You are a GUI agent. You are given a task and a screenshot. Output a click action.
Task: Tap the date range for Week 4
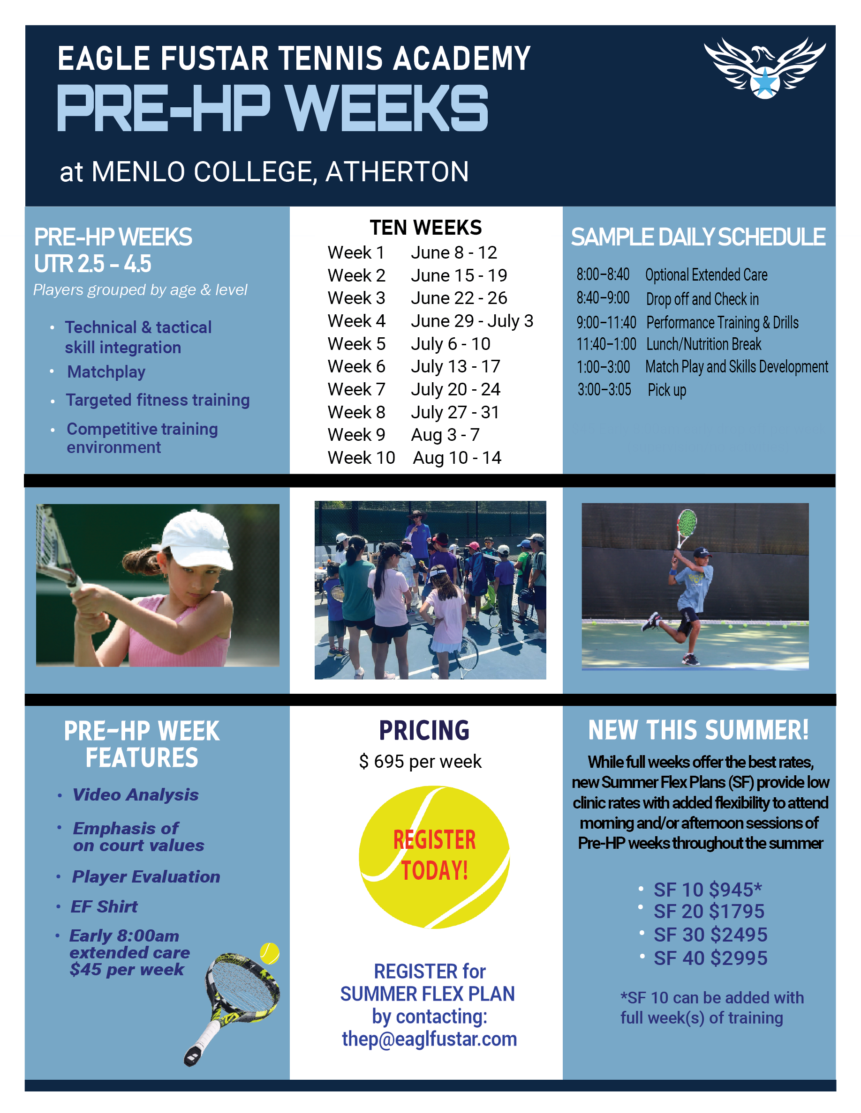pos(472,321)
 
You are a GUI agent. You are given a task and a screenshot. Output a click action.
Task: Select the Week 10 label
pos(361,458)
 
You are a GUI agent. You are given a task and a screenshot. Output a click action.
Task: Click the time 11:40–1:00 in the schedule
pos(606,344)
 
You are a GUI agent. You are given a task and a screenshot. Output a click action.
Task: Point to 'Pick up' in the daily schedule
pos(667,390)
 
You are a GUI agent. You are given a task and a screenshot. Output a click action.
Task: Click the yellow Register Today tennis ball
pos(434,856)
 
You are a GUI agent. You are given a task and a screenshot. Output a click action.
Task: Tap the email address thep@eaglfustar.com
pos(429,1039)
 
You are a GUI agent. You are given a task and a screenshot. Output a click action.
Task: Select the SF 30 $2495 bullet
pos(710,935)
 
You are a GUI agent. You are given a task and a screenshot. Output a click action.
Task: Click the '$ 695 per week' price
pos(420,761)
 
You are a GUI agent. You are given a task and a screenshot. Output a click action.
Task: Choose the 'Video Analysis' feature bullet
pos(135,794)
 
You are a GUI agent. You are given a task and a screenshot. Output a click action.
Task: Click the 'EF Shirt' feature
pos(104,906)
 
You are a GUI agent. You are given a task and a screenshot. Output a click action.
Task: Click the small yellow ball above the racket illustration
pos(269,952)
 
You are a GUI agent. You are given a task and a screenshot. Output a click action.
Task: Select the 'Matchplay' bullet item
pos(106,372)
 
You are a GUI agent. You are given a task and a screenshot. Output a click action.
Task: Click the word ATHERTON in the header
pos(397,172)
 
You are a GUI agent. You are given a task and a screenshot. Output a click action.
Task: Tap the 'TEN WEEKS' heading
pos(425,227)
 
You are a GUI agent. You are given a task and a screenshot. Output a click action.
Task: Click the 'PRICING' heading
pos(424,730)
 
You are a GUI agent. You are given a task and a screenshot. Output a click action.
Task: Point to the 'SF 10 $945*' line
pos(708,890)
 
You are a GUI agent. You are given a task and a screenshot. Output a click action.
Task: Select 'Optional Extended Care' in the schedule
pos(706,275)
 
